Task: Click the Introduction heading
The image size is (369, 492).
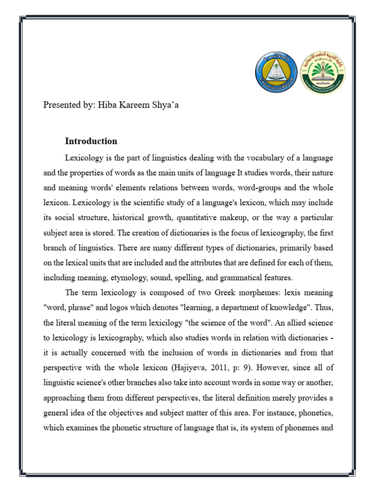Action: point(91,141)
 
